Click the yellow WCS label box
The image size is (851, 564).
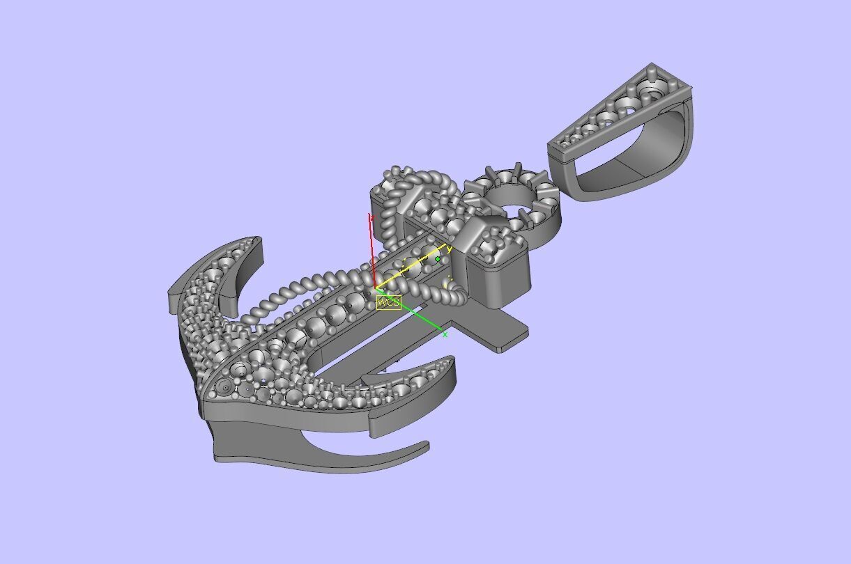(x=388, y=302)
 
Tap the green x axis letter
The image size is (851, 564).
(x=445, y=335)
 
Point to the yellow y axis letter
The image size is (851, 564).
(x=450, y=249)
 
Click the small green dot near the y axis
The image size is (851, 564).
(x=438, y=259)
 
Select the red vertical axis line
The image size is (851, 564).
(x=373, y=251)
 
